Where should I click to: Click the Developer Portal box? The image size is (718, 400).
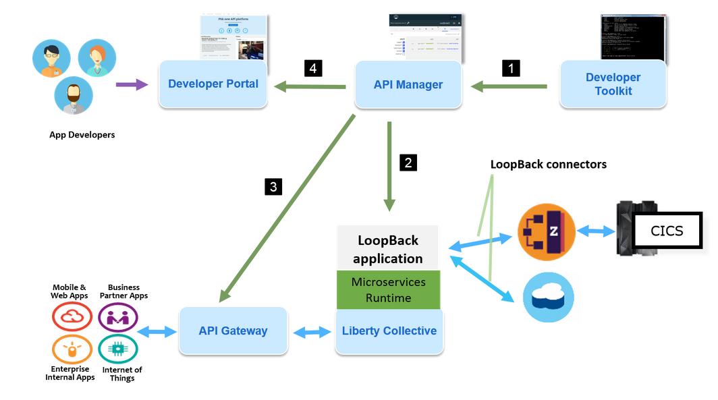(x=213, y=84)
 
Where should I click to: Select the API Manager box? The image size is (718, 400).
(x=408, y=85)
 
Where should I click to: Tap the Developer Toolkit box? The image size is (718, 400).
(x=613, y=84)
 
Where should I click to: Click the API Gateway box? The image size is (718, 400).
(x=233, y=331)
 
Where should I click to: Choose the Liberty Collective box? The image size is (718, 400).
(x=389, y=331)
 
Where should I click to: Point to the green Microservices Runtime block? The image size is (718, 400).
(x=388, y=290)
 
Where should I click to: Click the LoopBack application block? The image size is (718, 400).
(x=388, y=249)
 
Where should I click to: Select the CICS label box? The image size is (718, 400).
(x=667, y=231)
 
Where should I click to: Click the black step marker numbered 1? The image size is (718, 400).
(x=511, y=68)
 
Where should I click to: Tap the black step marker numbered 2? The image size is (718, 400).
(x=408, y=162)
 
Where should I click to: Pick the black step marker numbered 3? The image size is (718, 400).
(x=273, y=187)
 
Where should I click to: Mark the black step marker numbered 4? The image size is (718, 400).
(x=312, y=68)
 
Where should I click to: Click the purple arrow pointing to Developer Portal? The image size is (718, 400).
(x=132, y=84)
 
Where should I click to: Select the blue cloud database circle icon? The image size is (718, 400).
(x=549, y=297)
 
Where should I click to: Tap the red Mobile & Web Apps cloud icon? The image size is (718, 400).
(x=72, y=316)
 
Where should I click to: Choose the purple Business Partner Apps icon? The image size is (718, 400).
(x=118, y=317)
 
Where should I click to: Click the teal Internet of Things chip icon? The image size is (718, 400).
(x=118, y=349)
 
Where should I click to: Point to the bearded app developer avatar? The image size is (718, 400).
(x=74, y=95)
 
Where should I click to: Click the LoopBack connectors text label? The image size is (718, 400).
(x=548, y=164)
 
